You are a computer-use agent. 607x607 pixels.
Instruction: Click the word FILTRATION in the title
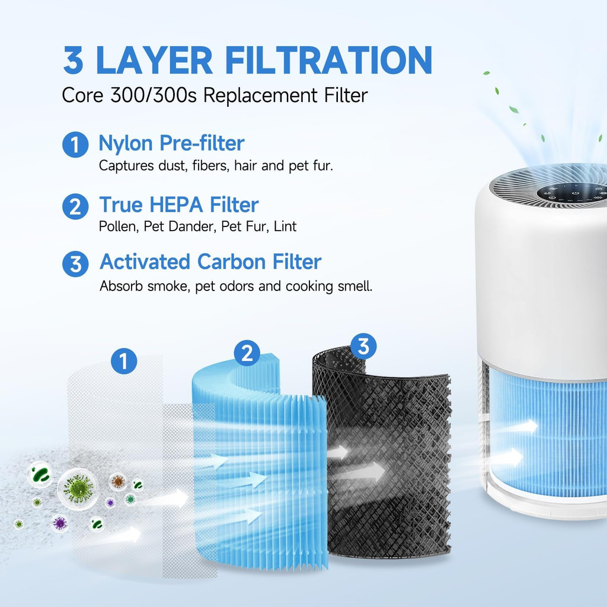click(x=328, y=60)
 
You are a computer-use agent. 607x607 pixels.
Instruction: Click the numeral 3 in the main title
click(x=73, y=60)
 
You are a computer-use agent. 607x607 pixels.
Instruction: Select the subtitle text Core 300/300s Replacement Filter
click(x=215, y=95)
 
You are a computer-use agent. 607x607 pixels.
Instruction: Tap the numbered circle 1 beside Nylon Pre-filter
click(x=75, y=145)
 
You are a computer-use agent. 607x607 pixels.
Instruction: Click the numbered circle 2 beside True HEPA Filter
click(x=75, y=206)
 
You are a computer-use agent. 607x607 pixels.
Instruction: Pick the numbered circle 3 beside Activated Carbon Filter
click(x=75, y=264)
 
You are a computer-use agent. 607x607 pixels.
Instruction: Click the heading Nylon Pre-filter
click(x=171, y=143)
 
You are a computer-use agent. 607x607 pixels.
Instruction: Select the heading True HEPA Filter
click(x=179, y=205)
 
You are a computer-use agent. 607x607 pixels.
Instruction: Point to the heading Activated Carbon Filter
click(x=210, y=261)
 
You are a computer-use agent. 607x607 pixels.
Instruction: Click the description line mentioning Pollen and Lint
click(x=197, y=226)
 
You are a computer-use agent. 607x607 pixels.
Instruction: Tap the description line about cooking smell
click(x=236, y=286)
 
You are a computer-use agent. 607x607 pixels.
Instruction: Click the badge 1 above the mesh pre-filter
click(x=124, y=361)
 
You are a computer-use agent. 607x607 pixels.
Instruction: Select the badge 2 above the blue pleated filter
click(x=247, y=353)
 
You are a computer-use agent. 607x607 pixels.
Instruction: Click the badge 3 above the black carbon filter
click(x=363, y=346)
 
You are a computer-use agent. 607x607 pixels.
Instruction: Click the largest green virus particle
click(x=79, y=489)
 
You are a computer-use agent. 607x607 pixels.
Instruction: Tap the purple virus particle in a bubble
click(x=60, y=523)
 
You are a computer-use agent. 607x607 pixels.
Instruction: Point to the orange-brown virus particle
click(x=118, y=481)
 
